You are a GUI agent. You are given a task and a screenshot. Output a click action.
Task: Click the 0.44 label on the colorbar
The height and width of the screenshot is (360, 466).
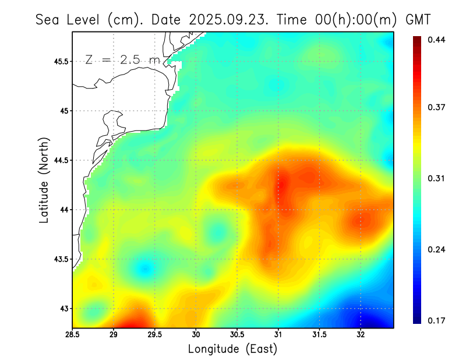(436, 40)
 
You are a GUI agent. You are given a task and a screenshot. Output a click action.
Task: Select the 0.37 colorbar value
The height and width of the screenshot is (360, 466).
(436, 107)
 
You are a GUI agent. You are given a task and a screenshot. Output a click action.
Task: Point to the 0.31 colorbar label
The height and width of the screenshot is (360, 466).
(436, 178)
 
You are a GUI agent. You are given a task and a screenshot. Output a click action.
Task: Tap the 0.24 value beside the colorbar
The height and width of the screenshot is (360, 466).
(436, 249)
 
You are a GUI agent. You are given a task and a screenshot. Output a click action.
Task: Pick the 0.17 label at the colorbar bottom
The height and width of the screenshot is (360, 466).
(436, 320)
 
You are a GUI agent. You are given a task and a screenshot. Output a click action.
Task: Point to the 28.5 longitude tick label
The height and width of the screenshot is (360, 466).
(73, 335)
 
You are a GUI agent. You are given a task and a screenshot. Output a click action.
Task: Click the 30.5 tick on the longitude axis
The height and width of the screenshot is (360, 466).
(237, 335)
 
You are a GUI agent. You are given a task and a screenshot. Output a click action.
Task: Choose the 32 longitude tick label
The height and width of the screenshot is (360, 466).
(361, 335)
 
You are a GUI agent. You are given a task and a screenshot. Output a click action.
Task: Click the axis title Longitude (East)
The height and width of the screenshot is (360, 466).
(232, 349)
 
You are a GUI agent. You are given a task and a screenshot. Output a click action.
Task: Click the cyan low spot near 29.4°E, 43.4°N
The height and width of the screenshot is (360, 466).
(145, 268)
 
